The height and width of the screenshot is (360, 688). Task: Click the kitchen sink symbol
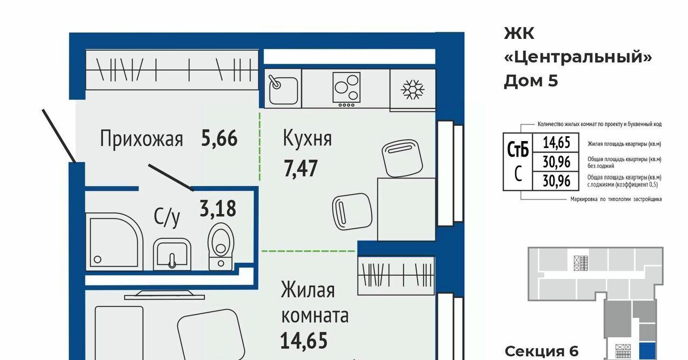tap(283, 89)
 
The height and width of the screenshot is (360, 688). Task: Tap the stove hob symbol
tap(346, 89)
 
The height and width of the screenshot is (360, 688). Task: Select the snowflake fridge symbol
tap(412, 89)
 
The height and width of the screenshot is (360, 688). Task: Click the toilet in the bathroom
tap(221, 246)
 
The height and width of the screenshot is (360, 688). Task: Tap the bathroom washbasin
tap(172, 254)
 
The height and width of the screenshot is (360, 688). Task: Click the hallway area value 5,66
tap(219, 138)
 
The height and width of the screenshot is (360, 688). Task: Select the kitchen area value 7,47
tap(300, 169)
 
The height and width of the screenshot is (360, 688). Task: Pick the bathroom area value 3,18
tap(218, 209)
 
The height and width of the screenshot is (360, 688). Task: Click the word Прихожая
tap(142, 139)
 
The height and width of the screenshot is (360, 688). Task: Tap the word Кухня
tap(307, 138)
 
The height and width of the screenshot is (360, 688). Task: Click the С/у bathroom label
tap(167, 217)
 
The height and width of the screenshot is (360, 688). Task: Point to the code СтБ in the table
tap(518, 150)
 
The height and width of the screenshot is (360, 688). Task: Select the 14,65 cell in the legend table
tap(556, 143)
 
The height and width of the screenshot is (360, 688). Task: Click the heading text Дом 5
tap(531, 81)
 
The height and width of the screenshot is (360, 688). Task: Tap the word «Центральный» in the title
tap(578, 57)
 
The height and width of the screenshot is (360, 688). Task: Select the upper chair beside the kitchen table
tap(402, 158)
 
